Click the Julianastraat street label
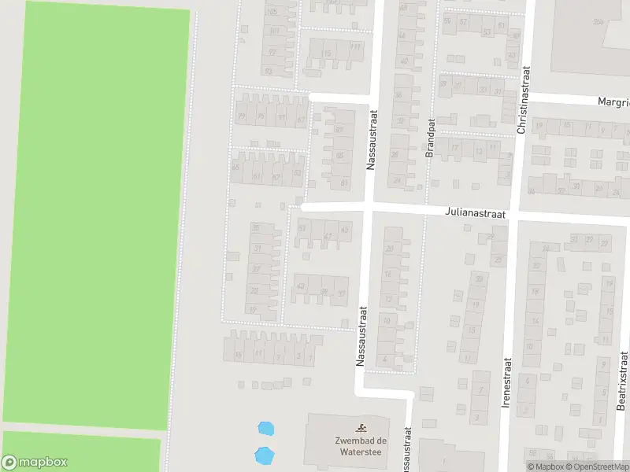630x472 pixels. (x=474, y=212)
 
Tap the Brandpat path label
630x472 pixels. (x=430, y=139)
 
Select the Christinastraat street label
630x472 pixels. (x=523, y=100)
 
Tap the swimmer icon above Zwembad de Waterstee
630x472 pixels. (x=361, y=428)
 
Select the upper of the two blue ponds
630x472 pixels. (x=266, y=429)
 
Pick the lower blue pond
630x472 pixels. (x=264, y=455)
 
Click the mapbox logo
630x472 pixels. (x=35, y=463)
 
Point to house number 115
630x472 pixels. (x=327, y=53)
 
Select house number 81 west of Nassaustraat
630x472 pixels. (x=344, y=183)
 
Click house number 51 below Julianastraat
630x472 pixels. (x=302, y=228)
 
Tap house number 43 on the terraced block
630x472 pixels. (x=300, y=286)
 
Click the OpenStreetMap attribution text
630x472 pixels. (x=597, y=466)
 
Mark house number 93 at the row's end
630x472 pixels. (x=269, y=72)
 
